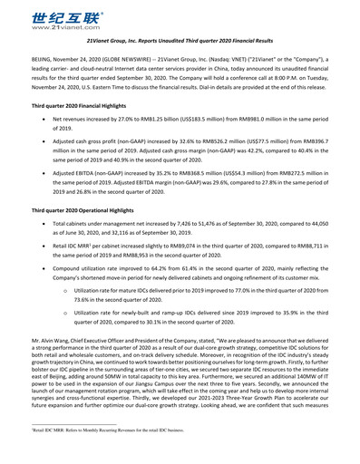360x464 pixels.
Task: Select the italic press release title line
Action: coord(180,42)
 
